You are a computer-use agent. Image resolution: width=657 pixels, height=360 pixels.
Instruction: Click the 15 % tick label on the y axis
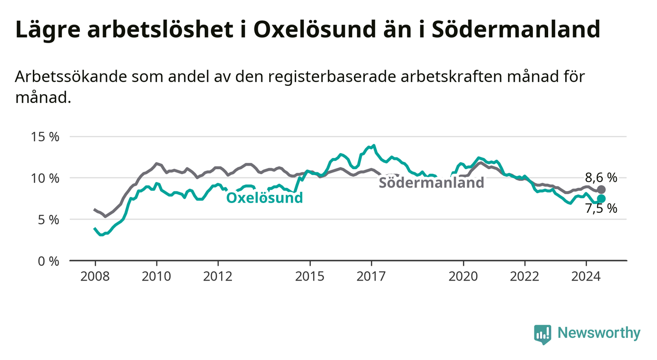[45, 137]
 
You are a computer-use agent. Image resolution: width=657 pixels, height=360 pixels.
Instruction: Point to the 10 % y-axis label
[45, 178]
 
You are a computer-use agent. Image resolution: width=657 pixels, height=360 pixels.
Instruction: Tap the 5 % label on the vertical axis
[49, 220]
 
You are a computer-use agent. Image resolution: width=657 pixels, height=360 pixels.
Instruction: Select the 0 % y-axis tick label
[49, 261]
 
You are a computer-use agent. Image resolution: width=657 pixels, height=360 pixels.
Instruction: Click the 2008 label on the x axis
[95, 277]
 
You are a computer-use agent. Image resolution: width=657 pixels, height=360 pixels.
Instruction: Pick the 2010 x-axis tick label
[156, 277]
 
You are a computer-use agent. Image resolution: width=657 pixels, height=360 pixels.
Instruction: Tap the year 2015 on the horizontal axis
[310, 277]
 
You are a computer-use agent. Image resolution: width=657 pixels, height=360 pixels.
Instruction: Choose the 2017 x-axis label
[371, 277]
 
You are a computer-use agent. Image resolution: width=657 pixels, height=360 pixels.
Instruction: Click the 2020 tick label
[463, 277]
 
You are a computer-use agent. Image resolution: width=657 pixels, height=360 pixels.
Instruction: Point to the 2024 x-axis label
[586, 277]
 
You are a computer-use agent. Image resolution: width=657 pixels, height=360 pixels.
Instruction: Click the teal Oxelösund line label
[265, 198]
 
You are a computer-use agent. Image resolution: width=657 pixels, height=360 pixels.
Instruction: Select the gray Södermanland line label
[431, 182]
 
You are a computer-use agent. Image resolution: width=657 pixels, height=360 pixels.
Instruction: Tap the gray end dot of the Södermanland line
[601, 189]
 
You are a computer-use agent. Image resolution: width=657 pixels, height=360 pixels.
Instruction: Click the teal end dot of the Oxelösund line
[601, 199]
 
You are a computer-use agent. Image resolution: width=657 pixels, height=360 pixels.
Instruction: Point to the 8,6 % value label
[601, 178]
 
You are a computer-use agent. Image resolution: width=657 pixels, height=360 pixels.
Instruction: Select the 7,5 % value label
[601, 208]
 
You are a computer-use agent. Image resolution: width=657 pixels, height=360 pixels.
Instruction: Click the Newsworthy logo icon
[542, 334]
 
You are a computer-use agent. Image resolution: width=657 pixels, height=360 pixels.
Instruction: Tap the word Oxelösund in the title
[315, 29]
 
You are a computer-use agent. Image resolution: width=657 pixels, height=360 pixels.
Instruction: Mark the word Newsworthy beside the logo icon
[599, 333]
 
